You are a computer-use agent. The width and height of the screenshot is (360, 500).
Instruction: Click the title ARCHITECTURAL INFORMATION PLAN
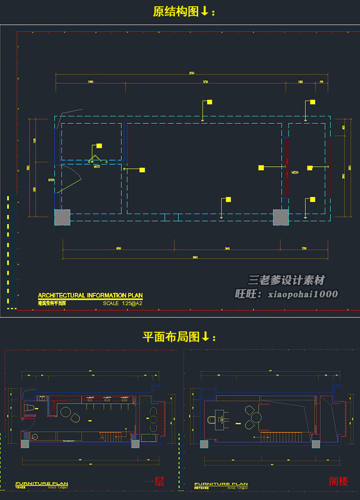tap(90, 295)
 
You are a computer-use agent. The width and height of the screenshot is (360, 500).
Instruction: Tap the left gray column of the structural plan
tap(62, 217)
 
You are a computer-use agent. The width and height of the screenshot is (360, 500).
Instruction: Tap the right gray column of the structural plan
tap(280, 217)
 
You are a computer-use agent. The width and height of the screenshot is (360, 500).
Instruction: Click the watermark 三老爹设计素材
tap(286, 280)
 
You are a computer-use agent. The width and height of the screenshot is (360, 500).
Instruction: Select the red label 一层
tap(155, 481)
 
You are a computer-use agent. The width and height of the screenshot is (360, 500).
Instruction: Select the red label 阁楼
tap(338, 481)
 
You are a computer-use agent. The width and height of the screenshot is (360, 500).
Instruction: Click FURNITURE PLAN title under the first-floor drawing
tap(42, 484)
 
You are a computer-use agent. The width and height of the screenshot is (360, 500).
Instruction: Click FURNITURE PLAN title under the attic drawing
tap(221, 484)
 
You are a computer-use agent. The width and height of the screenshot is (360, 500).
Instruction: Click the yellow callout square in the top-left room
tap(99, 146)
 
